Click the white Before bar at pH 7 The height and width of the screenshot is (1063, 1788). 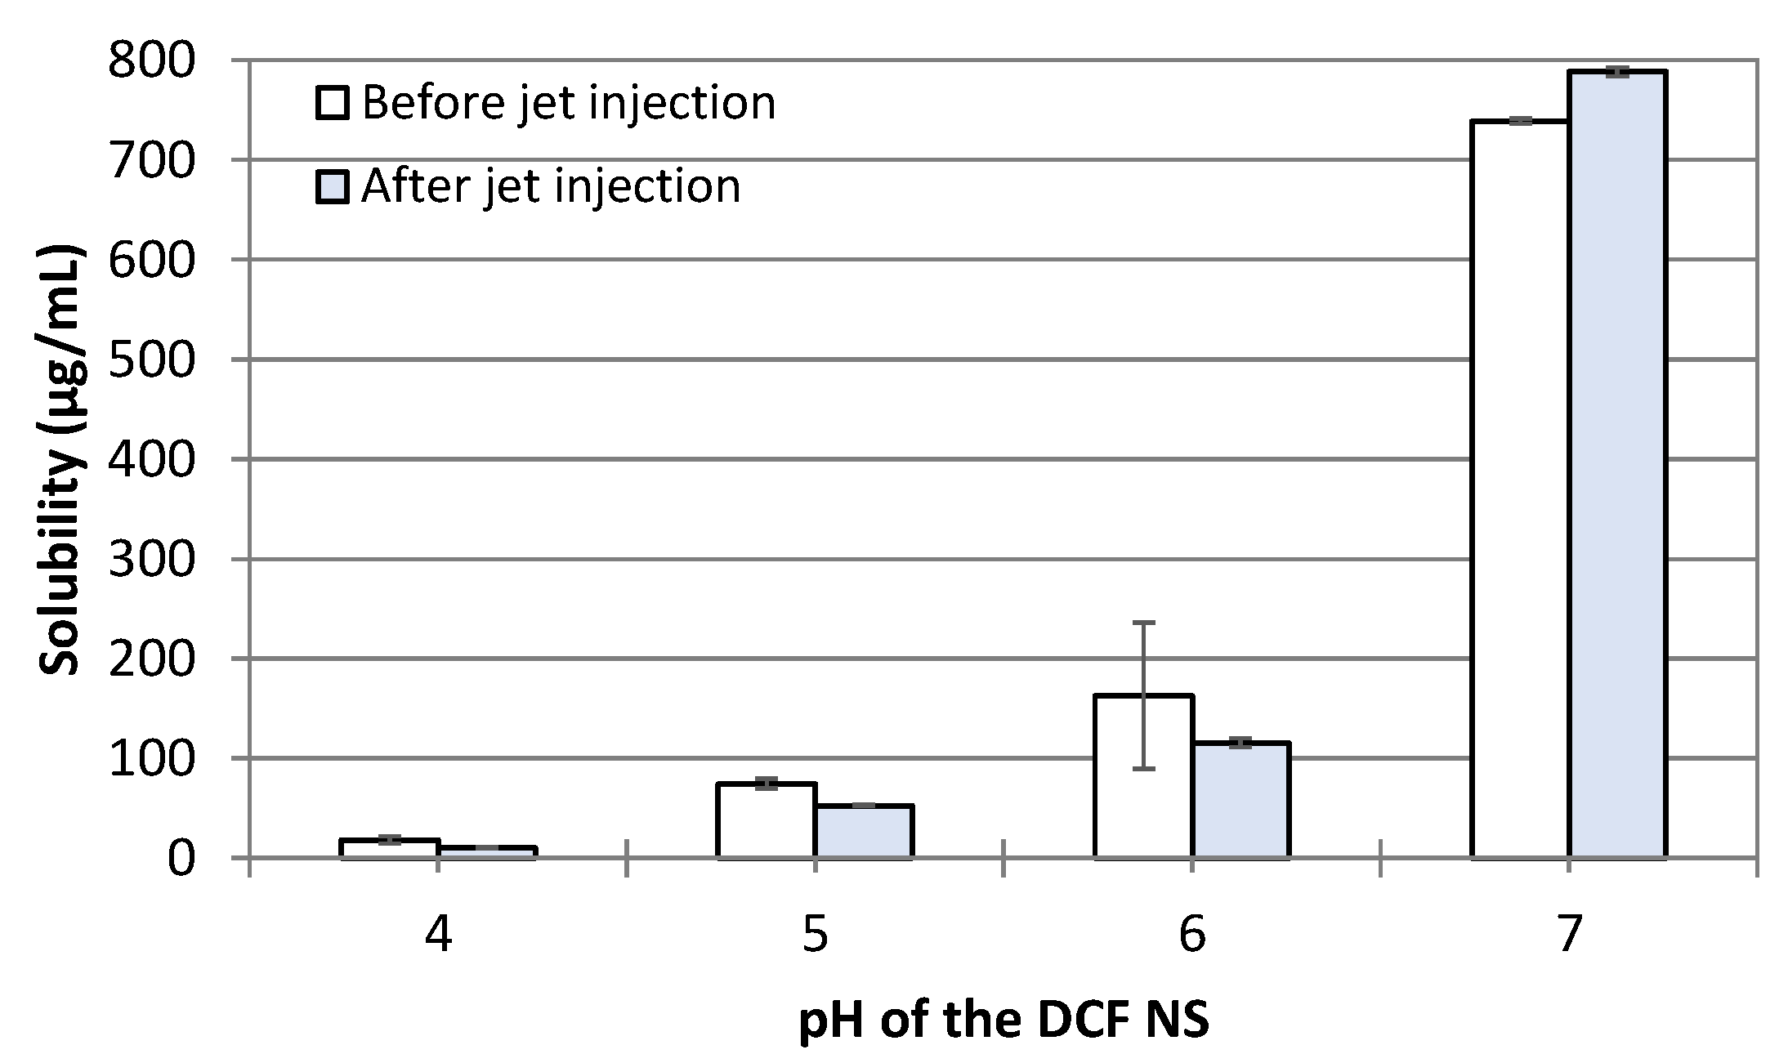(1519, 490)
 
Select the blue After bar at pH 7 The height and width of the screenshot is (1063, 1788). (1617, 466)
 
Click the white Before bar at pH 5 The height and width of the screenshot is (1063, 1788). (766, 821)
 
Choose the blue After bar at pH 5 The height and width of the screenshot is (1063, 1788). (864, 832)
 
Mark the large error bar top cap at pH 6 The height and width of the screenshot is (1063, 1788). (1143, 623)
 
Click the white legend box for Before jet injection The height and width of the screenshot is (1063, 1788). (333, 104)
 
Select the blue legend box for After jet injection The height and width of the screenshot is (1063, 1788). (333, 186)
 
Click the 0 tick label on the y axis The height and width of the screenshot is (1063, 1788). (182, 859)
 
